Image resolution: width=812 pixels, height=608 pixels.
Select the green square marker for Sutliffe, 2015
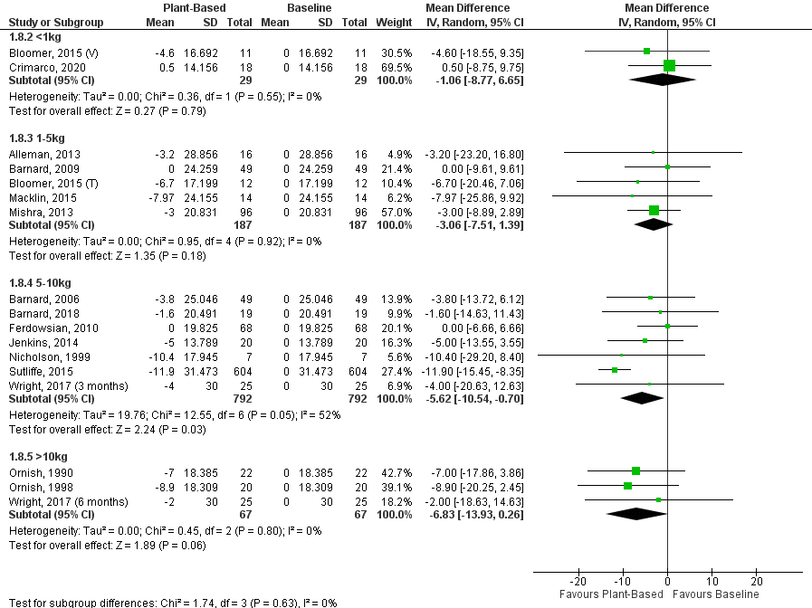(x=615, y=370)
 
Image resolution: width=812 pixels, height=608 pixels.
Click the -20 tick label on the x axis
(x=578, y=582)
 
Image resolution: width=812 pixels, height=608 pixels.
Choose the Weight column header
(x=393, y=21)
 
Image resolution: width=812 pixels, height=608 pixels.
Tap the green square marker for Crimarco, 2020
(x=670, y=66)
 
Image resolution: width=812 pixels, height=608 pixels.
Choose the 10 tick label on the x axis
(x=712, y=582)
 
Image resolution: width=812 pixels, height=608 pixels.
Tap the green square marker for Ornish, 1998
(x=627, y=486)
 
